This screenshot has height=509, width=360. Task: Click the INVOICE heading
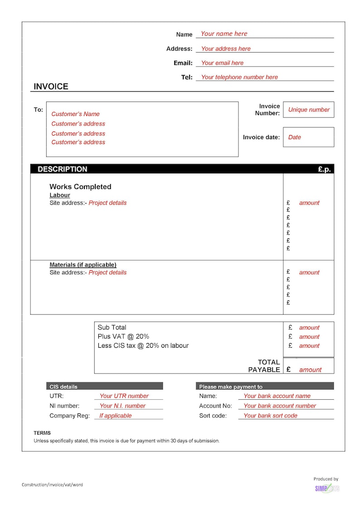click(51, 87)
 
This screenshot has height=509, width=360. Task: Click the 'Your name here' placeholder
click(224, 34)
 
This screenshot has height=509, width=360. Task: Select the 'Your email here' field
click(222, 63)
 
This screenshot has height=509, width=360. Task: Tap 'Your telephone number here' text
click(239, 77)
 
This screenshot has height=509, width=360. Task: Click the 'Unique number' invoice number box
click(309, 110)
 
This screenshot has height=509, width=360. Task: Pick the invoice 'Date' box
click(308, 137)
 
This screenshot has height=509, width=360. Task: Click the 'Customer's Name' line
click(75, 114)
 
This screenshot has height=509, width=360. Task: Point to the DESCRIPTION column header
click(63, 169)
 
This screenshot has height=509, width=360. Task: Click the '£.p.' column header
click(324, 170)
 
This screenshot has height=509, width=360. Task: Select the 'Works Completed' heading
click(80, 187)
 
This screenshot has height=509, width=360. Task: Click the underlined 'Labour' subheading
click(60, 195)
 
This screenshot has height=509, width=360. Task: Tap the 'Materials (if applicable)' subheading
click(83, 265)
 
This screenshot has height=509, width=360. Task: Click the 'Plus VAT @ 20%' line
click(123, 336)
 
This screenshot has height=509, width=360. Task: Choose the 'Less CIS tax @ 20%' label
click(143, 345)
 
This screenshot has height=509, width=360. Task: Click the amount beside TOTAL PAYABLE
click(310, 370)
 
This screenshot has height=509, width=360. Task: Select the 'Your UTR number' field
click(124, 396)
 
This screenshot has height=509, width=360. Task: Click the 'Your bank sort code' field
click(270, 416)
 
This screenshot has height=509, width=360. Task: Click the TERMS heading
click(42, 433)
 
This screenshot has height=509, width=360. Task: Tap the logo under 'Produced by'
click(327, 488)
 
